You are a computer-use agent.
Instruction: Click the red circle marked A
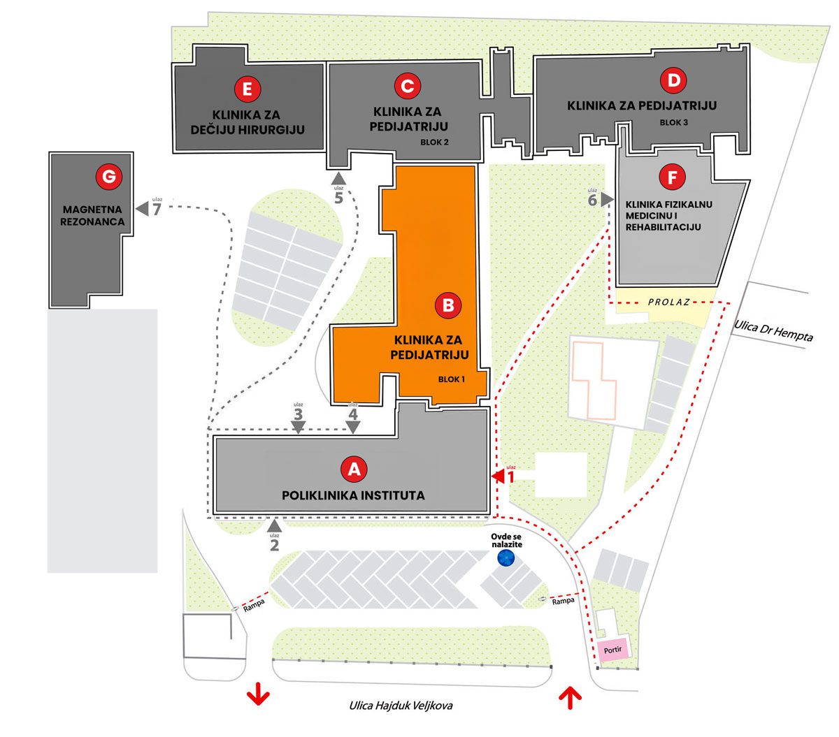[354, 469]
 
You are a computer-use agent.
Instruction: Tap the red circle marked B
[448, 305]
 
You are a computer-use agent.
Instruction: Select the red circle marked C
[407, 86]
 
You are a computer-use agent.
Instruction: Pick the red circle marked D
[674, 80]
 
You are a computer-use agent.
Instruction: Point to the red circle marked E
[248, 89]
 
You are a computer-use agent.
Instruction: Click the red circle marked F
[672, 177]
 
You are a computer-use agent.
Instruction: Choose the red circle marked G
[108, 177]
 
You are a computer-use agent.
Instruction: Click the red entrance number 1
[510, 478]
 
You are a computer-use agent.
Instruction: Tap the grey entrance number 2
[274, 543]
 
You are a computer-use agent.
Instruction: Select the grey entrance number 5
[339, 198]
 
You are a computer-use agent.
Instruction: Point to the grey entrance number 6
[592, 200]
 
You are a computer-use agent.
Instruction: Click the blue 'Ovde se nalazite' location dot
[505, 557]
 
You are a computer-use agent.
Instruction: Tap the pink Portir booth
[612, 650]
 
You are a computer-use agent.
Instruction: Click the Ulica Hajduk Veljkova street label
[401, 706]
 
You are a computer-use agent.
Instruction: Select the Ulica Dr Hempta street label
[774, 330]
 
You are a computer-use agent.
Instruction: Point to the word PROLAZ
[668, 302]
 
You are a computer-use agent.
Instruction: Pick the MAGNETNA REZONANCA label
[93, 216]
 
